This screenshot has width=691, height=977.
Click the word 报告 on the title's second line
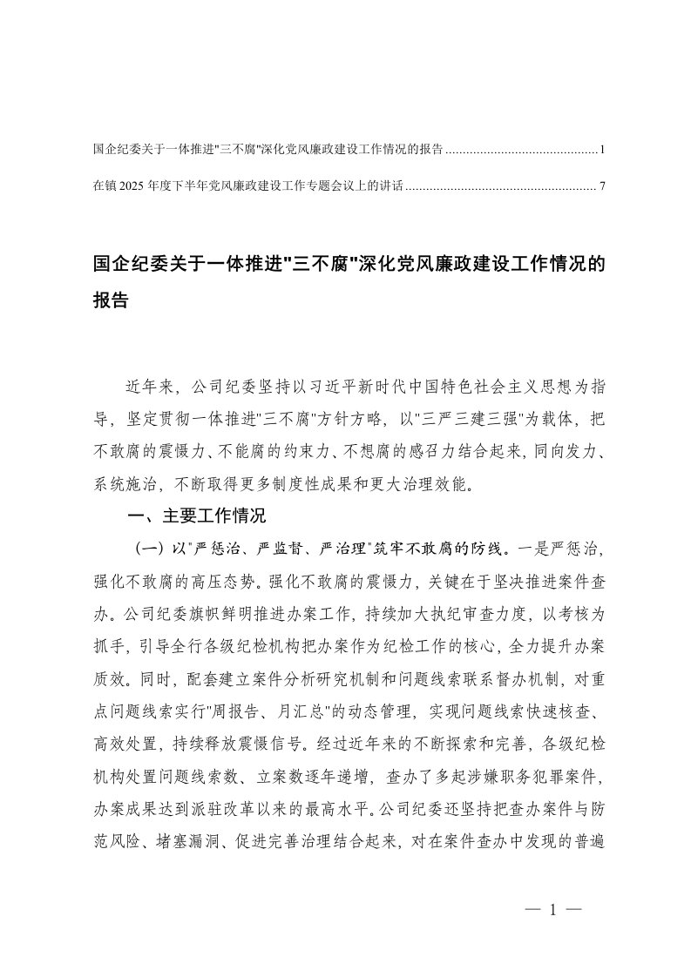(111, 301)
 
